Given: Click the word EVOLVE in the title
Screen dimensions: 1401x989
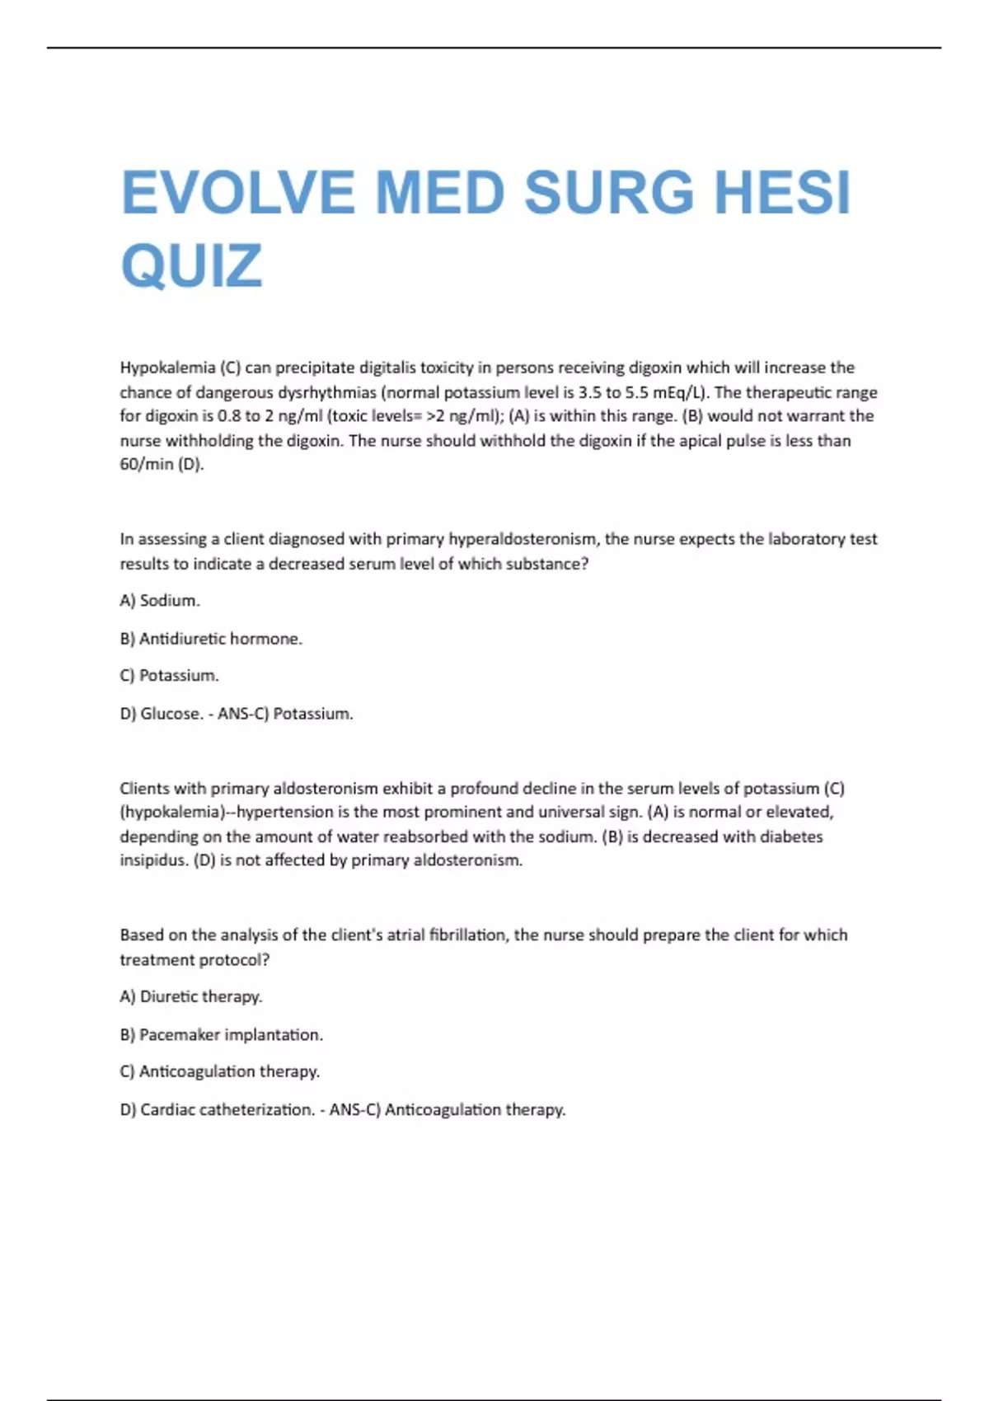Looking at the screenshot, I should (x=237, y=194).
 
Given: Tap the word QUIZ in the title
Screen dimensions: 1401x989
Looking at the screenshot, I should (x=191, y=266).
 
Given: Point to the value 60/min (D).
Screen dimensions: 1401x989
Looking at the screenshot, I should (x=162, y=464).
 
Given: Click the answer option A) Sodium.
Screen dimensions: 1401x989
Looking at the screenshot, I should (x=160, y=601).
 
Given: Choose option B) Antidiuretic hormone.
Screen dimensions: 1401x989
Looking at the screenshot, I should (x=211, y=639).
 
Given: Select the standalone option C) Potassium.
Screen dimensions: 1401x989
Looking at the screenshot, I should (x=169, y=676).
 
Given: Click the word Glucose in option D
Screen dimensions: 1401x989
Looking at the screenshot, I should (x=169, y=714).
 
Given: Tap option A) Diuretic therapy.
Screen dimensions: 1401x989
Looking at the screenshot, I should (x=191, y=996).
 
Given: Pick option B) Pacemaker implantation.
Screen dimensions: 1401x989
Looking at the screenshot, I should (x=221, y=1034).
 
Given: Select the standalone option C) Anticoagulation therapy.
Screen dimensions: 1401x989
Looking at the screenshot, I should (x=219, y=1071).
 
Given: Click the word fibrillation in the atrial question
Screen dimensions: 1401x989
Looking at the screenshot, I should (x=466, y=935).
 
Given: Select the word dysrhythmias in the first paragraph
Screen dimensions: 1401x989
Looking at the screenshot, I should (x=326, y=392).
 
